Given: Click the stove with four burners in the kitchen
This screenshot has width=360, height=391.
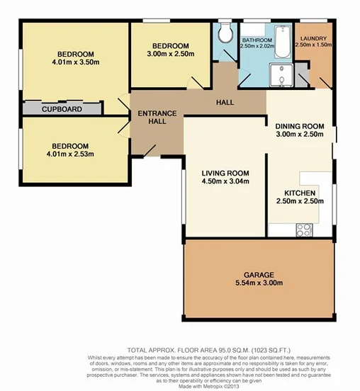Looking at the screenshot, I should [x=304, y=229].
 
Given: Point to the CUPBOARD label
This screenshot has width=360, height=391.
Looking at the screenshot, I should [x=62, y=110].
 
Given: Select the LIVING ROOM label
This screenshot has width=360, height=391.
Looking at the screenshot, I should [x=225, y=173].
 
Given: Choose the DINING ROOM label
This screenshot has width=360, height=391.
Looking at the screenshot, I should [x=300, y=127].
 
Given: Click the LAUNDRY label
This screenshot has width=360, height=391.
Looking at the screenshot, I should [x=313, y=38].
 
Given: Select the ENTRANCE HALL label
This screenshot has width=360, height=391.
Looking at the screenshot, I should [x=152, y=117].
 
